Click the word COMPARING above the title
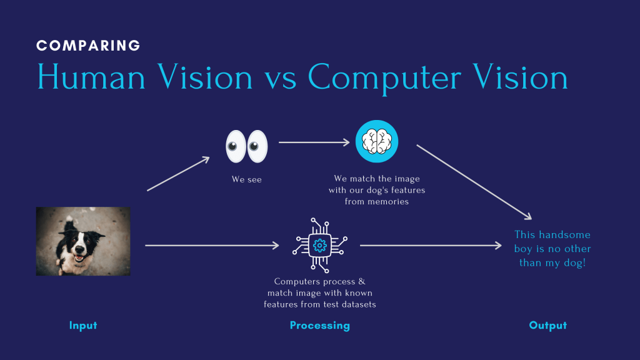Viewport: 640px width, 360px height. point(88,46)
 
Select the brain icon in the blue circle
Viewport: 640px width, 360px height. point(377,141)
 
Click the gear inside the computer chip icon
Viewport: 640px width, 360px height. point(320,246)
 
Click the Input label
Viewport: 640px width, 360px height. point(83,326)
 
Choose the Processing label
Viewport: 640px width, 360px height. point(320,326)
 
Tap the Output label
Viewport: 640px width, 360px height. point(547,326)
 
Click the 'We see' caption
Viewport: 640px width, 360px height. point(247,180)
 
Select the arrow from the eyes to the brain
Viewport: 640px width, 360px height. point(314,142)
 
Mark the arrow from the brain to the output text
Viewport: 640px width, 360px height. point(474,182)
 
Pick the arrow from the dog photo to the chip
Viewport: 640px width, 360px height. point(212,246)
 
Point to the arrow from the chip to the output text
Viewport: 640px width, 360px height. point(431,246)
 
